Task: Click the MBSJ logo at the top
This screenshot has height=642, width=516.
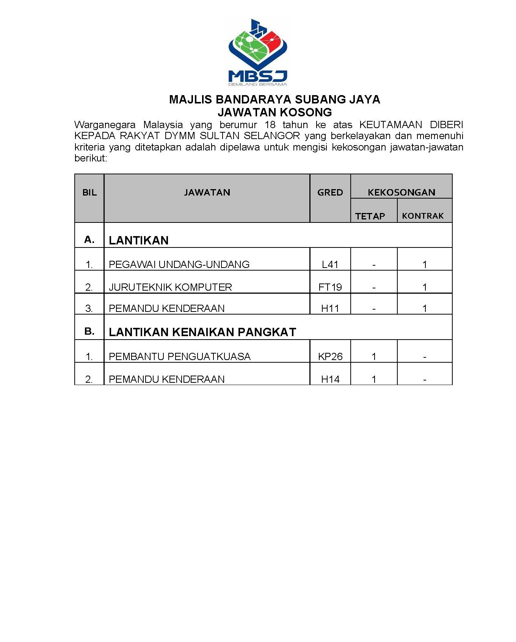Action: pos(257,52)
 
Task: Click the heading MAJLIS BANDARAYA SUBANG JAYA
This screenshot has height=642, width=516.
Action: pos(274,99)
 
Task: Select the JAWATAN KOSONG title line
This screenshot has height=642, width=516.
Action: pos(274,112)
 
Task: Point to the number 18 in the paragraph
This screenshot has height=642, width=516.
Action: pos(270,125)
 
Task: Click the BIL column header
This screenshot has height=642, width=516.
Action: pos(89,193)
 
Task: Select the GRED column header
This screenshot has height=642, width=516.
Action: pos(330,193)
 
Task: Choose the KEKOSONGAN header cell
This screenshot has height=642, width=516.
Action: pos(401,192)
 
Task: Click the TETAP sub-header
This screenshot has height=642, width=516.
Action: pos(370,216)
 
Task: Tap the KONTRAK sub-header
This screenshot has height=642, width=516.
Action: pos(423,216)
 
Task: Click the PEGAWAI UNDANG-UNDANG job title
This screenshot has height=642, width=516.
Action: pos(179,265)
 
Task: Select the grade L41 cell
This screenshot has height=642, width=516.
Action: pos(330,265)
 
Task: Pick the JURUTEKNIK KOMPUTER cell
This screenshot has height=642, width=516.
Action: pos(170,287)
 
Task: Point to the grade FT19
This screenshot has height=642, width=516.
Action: pos(330,287)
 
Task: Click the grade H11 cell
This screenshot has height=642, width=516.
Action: pos(330,308)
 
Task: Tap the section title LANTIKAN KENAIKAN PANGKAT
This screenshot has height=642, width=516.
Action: pos(202,332)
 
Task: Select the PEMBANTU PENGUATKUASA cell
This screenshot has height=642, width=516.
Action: pos(180,357)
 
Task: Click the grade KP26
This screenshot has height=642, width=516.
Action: pos(330,357)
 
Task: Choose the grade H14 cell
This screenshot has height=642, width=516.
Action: pos(330,379)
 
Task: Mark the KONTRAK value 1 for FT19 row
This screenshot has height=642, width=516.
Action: pos(425,287)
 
